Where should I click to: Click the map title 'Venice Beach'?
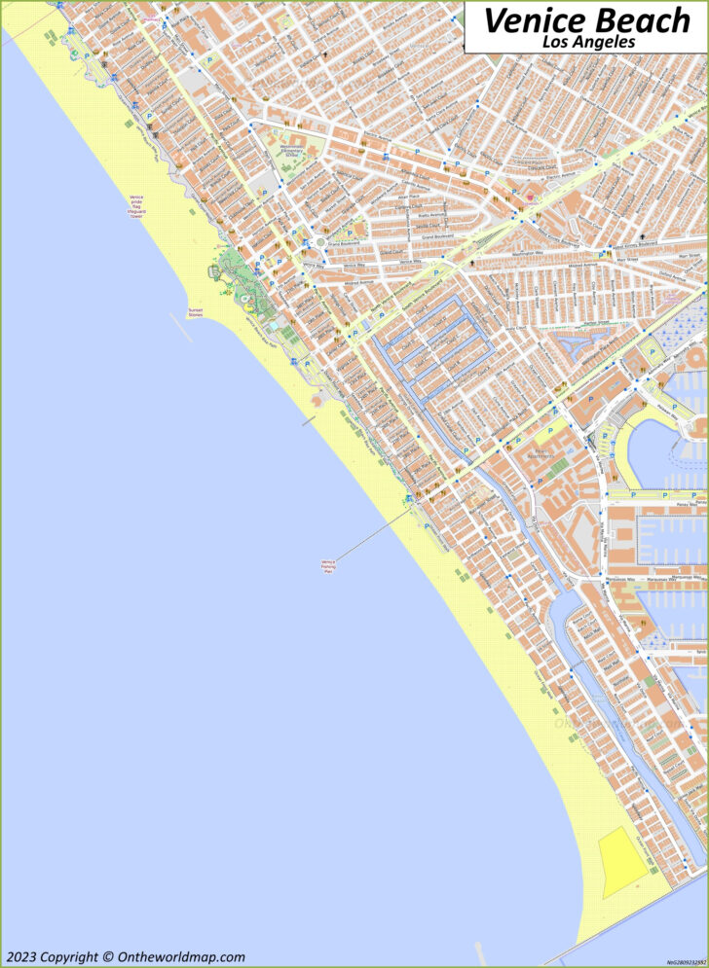click(x=585, y=18)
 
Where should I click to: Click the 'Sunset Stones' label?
click(x=196, y=313)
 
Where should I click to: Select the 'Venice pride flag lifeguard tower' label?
click(x=136, y=205)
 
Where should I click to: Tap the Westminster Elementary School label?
click(x=292, y=151)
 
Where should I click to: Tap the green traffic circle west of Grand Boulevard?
click(x=319, y=241)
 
